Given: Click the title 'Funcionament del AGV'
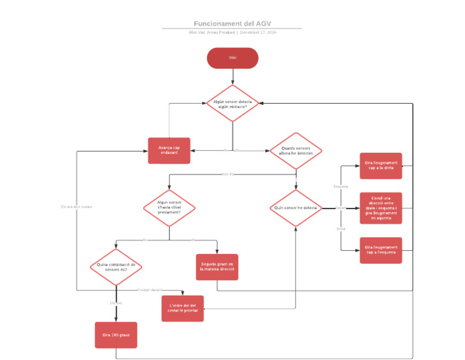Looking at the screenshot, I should coord(232,24).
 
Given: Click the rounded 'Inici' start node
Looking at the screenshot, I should coord(232,58).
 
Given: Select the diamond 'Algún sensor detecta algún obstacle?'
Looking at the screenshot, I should coord(232,104).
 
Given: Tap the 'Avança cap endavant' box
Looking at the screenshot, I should coord(169,150).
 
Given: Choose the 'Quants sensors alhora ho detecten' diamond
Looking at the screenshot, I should coord(296,150).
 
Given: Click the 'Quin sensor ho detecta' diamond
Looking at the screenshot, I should coord(296,208).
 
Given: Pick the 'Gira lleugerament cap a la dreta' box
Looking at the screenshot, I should coord(381,165).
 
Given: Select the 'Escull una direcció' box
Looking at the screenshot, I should coord(381,208).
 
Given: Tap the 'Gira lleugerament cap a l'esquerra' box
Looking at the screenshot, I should coord(381,250).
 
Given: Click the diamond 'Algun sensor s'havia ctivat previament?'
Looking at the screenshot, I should coord(169,208).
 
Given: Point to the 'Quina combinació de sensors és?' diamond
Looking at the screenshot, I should coord(116,267).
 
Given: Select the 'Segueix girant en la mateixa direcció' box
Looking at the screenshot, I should coord(217,267).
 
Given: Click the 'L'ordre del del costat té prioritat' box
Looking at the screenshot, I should coord(182,308).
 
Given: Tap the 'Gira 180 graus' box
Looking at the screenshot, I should coord(116,335).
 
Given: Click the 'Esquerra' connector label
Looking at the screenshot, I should coord(341,187).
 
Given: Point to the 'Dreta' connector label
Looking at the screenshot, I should coord(341,229).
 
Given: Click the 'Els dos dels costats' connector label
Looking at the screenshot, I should coord(76,207).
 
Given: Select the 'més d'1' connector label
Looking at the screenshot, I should coord(228,175).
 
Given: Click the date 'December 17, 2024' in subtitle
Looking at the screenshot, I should coord(258,32).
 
